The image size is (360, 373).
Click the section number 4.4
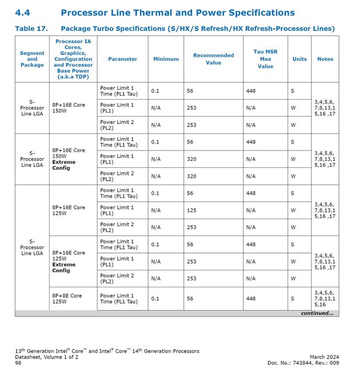tap(22, 12)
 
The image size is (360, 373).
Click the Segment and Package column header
tap(32, 59)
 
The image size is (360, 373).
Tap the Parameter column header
tap(123, 59)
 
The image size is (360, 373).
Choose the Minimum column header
tap(166, 59)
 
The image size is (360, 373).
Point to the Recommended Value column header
tap(214, 59)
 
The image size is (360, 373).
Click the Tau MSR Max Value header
tap(265, 59)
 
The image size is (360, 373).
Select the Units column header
tap(299, 59)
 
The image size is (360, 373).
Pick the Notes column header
tap(325, 59)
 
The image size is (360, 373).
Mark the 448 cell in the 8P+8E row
tap(251, 298)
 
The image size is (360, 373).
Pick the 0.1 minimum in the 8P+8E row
tap(155, 298)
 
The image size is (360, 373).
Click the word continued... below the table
tap(317, 313)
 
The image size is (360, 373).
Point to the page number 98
tap(18, 363)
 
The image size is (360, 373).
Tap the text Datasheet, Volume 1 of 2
tap(46, 357)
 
